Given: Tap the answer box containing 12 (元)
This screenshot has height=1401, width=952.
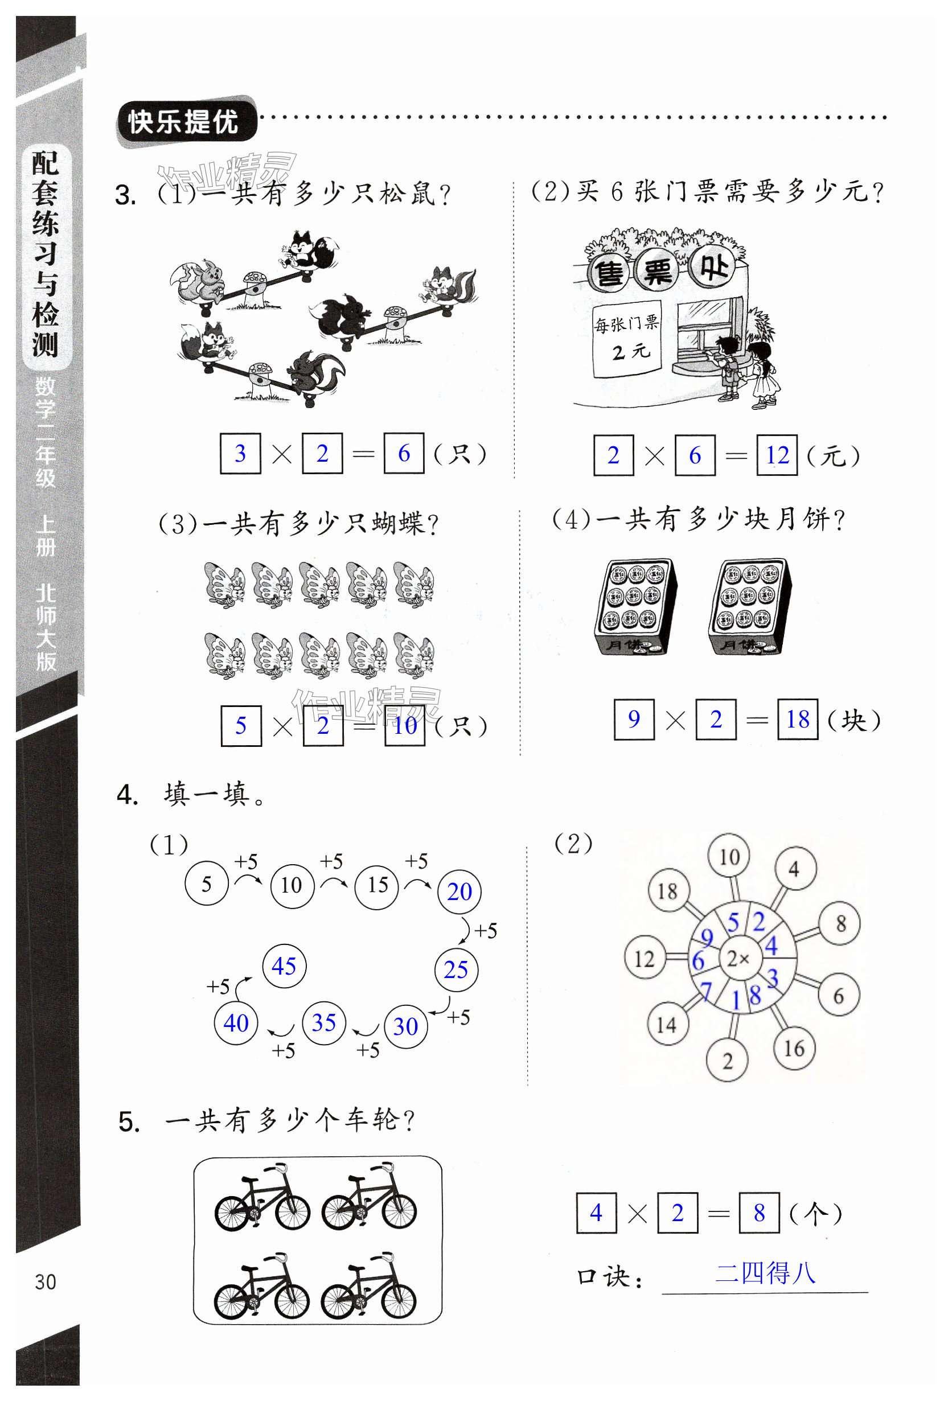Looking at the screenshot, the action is pyautogui.click(x=777, y=455).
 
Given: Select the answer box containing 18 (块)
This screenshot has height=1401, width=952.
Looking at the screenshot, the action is pyautogui.click(x=798, y=719).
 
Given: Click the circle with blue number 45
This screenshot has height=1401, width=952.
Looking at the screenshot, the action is pyautogui.click(x=284, y=966).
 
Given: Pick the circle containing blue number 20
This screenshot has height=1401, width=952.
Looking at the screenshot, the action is pyautogui.click(x=459, y=891).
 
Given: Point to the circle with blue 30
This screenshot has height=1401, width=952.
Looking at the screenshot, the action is pyautogui.click(x=406, y=1025).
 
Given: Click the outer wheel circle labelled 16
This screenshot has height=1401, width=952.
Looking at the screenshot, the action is pyautogui.click(x=794, y=1049).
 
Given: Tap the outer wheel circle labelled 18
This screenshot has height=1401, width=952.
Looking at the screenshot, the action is pyautogui.click(x=667, y=890).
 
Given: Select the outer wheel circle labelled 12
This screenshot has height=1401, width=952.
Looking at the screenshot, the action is pyautogui.click(x=644, y=958).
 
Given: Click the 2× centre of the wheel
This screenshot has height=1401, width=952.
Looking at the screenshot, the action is pyautogui.click(x=738, y=958).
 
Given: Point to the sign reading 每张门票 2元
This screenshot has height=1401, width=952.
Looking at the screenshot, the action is pyautogui.click(x=627, y=338).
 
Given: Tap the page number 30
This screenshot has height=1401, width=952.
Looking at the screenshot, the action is pyautogui.click(x=46, y=1281).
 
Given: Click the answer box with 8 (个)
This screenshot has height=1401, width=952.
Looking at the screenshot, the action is pyautogui.click(x=759, y=1213).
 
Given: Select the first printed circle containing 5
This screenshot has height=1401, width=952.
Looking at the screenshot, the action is pyautogui.click(x=206, y=884).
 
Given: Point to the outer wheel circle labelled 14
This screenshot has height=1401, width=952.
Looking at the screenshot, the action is pyautogui.click(x=667, y=1024).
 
